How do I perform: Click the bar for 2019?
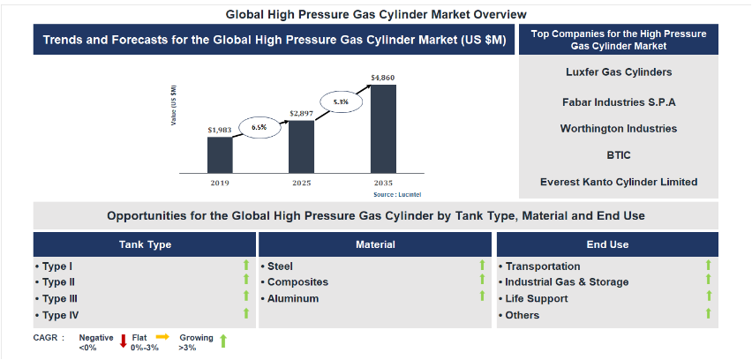pyautogui.click(x=220, y=154)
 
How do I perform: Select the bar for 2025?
pyautogui.click(x=301, y=146)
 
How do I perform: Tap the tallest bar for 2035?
pyautogui.click(x=383, y=129)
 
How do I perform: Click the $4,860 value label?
pyautogui.click(x=383, y=78)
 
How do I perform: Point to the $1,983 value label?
pyautogui.click(x=220, y=130)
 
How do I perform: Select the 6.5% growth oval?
pyautogui.click(x=259, y=128)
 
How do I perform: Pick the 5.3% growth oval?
pyautogui.click(x=341, y=101)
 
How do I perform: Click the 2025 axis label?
pyautogui.click(x=301, y=184)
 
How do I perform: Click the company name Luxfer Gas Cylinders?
pyautogui.click(x=619, y=71)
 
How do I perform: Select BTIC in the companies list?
pyautogui.click(x=619, y=155)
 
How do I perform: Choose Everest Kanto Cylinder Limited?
pyautogui.click(x=619, y=182)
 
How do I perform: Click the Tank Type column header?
pyautogui.click(x=145, y=244)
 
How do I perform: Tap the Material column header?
pyautogui.click(x=375, y=244)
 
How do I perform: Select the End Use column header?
pyautogui.click(x=607, y=244)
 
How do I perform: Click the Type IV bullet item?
pyautogui.click(x=57, y=315)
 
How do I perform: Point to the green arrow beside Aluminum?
pyautogui.click(x=482, y=296)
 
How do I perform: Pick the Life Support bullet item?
pyautogui.click(x=533, y=298)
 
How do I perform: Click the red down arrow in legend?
pyautogui.click(x=123, y=341)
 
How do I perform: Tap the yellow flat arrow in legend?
pyautogui.click(x=163, y=337)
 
